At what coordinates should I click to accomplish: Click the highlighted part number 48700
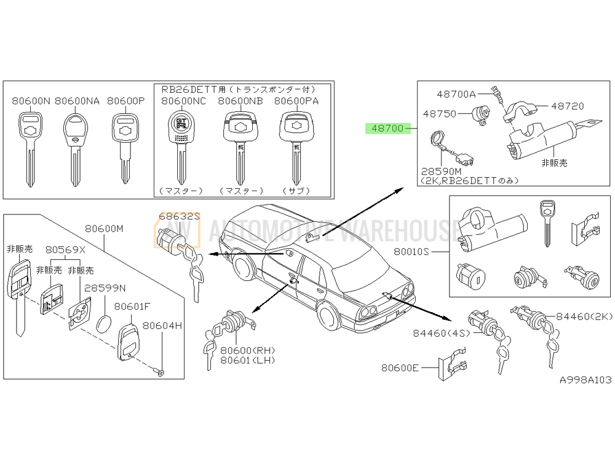coord(385,128)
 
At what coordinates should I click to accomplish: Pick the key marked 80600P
coord(125,144)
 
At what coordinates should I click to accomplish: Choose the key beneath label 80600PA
coord(293,144)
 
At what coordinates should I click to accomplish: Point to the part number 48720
coord(567,106)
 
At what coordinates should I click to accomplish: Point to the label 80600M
coord(105,229)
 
